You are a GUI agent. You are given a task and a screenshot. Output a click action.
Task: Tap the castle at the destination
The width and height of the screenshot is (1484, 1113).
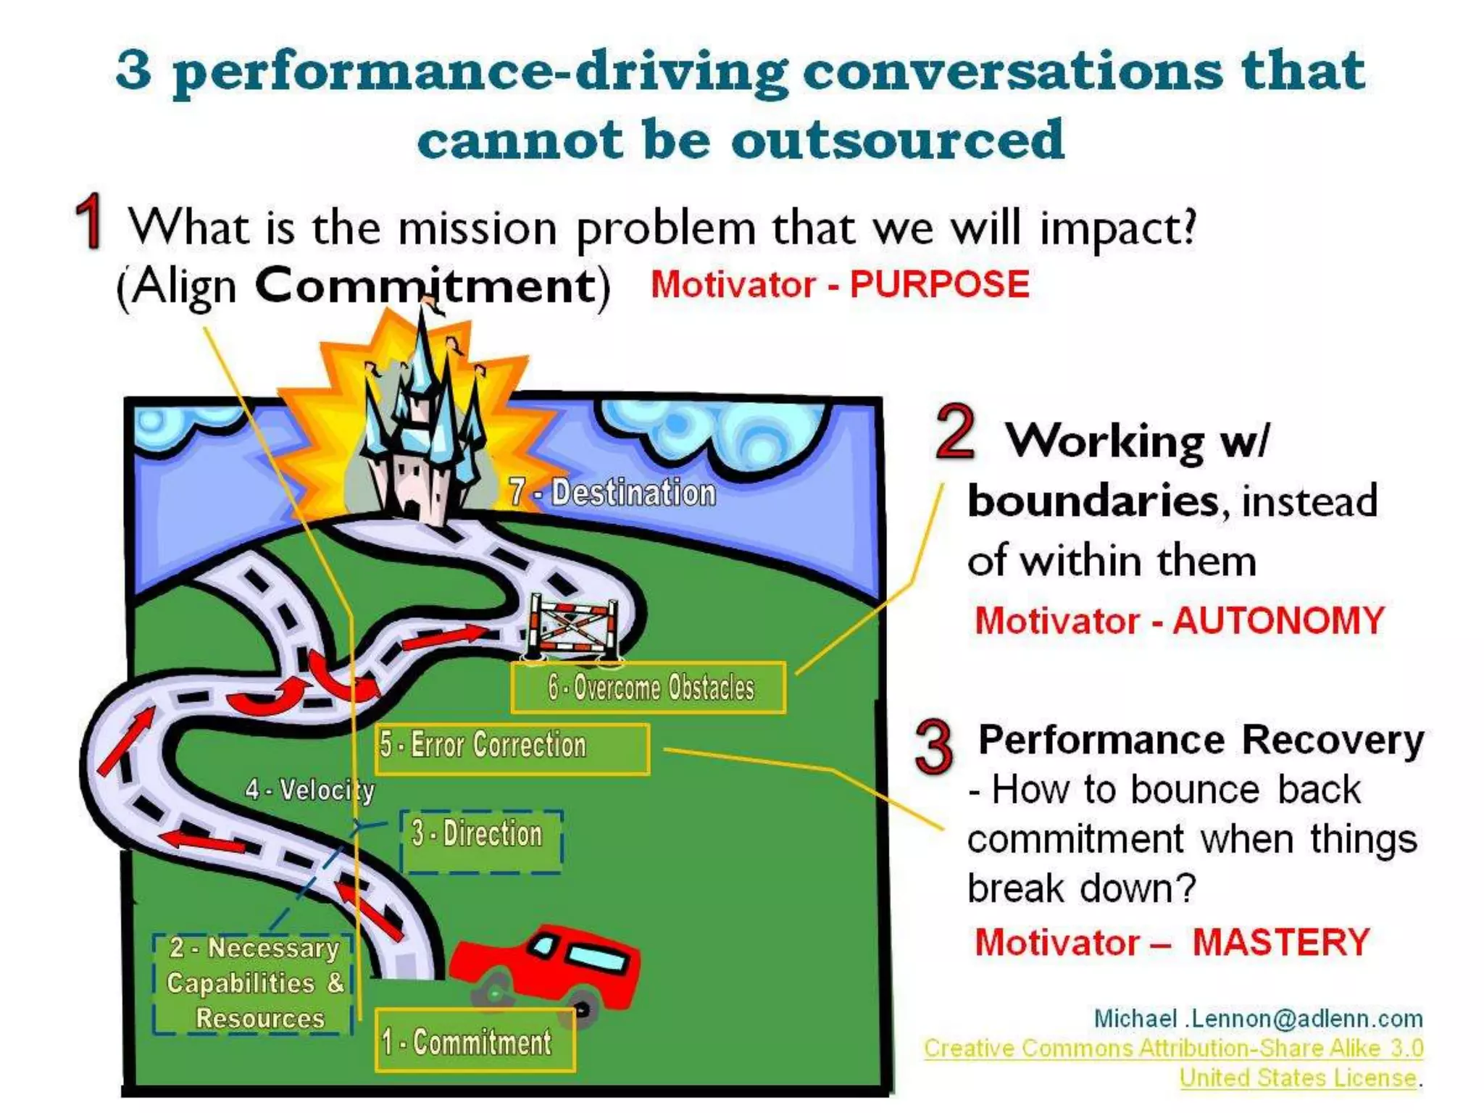click(x=420, y=435)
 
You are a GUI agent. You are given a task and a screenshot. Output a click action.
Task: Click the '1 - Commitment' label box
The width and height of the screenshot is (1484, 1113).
click(x=475, y=1041)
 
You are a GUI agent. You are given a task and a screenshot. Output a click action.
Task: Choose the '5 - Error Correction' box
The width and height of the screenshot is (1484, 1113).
click(x=512, y=749)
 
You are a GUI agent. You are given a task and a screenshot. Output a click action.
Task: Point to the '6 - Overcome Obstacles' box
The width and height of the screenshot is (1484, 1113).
click(x=649, y=687)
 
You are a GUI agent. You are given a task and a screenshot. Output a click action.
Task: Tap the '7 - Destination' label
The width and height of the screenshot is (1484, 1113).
click(x=612, y=493)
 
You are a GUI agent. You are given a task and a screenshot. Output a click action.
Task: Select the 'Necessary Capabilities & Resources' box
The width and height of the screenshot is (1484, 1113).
click(x=254, y=983)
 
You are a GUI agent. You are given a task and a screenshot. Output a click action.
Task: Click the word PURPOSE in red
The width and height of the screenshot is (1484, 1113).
click(x=939, y=284)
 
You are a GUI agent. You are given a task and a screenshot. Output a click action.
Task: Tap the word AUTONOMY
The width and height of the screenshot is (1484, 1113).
click(x=1278, y=621)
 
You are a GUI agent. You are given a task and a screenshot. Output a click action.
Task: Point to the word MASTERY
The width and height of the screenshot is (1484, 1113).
click(x=1280, y=943)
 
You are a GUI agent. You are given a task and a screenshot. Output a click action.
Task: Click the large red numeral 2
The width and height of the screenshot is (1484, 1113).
click(x=955, y=433)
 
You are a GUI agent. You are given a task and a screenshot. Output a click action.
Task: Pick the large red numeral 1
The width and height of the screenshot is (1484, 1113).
click(x=90, y=221)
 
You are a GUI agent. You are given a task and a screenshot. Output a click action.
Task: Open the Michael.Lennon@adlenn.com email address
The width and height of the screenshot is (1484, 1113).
click(x=1258, y=1018)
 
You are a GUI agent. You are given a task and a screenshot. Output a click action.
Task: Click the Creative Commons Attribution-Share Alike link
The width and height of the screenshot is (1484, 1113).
click(x=1173, y=1048)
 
